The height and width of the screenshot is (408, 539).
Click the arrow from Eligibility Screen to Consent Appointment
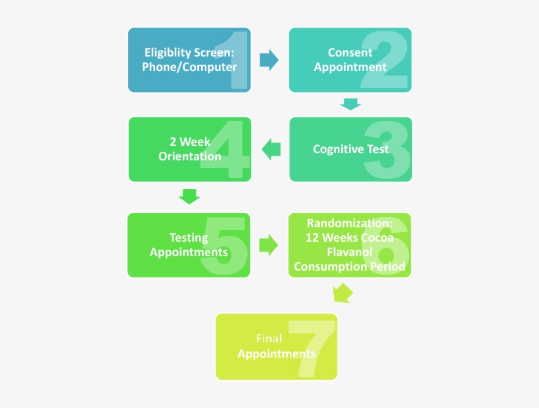[268, 60]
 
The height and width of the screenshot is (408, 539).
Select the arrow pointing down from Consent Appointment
[350, 104]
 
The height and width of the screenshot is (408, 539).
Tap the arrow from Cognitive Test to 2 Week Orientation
[271, 150]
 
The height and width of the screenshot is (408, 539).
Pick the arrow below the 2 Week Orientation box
[189, 196]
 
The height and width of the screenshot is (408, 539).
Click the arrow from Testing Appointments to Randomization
[268, 245]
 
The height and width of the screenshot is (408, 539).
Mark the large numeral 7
[312, 348]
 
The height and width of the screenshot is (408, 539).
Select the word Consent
[350, 53]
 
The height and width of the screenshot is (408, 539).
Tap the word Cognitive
[335, 149]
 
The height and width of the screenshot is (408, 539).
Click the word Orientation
[189, 156]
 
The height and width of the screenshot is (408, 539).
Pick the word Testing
[189, 238]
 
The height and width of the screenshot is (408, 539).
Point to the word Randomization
[350, 223]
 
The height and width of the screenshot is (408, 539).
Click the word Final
[269, 339]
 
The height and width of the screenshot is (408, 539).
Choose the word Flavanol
[350, 252]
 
